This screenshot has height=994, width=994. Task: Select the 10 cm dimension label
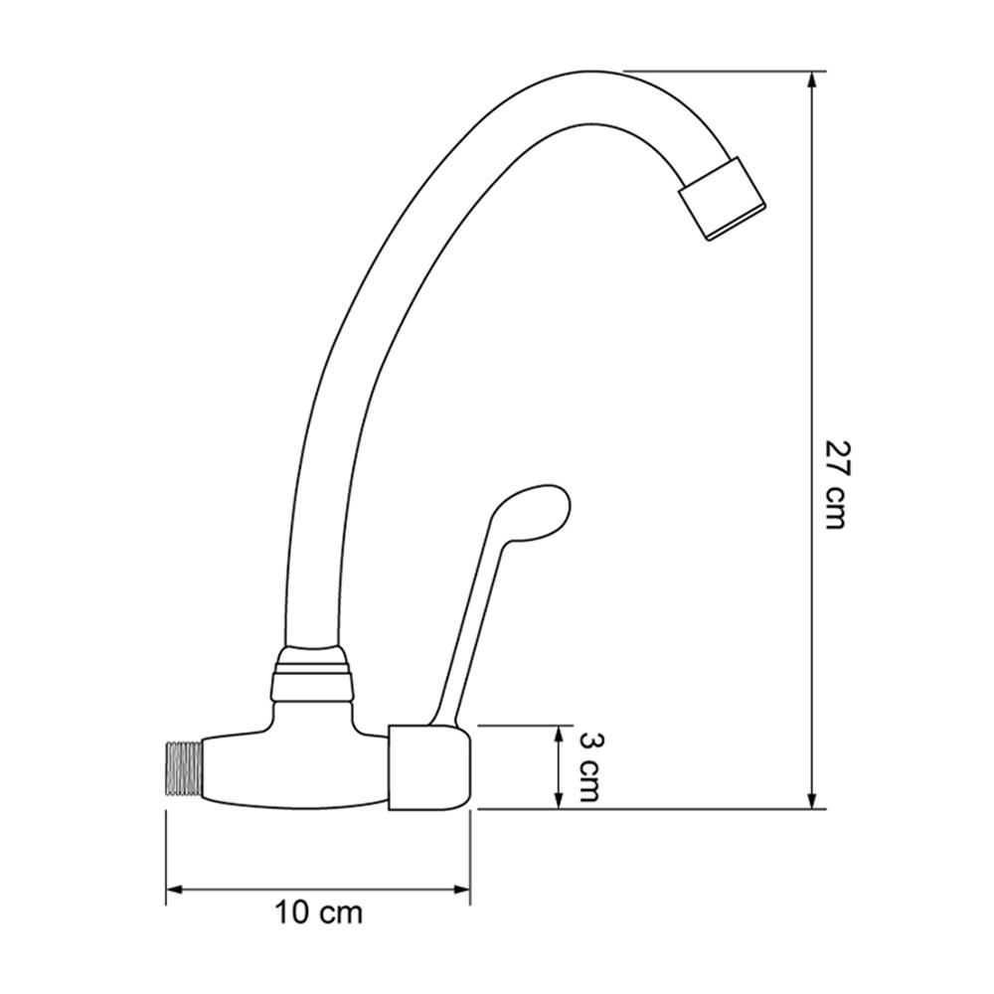(x=318, y=913)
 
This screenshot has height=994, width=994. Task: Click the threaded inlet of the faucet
(x=184, y=767)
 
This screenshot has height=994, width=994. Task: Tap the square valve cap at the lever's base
(x=429, y=767)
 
